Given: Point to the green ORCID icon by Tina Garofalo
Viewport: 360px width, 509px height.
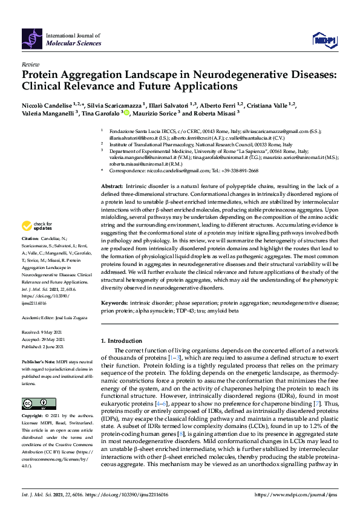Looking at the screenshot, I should (126, 113).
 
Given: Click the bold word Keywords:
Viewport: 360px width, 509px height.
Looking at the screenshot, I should (114, 302).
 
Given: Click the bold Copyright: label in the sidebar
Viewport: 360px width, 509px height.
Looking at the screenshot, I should (33, 417).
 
